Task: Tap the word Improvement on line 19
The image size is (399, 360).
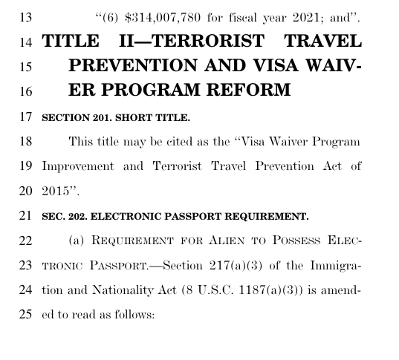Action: tap(79, 166)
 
